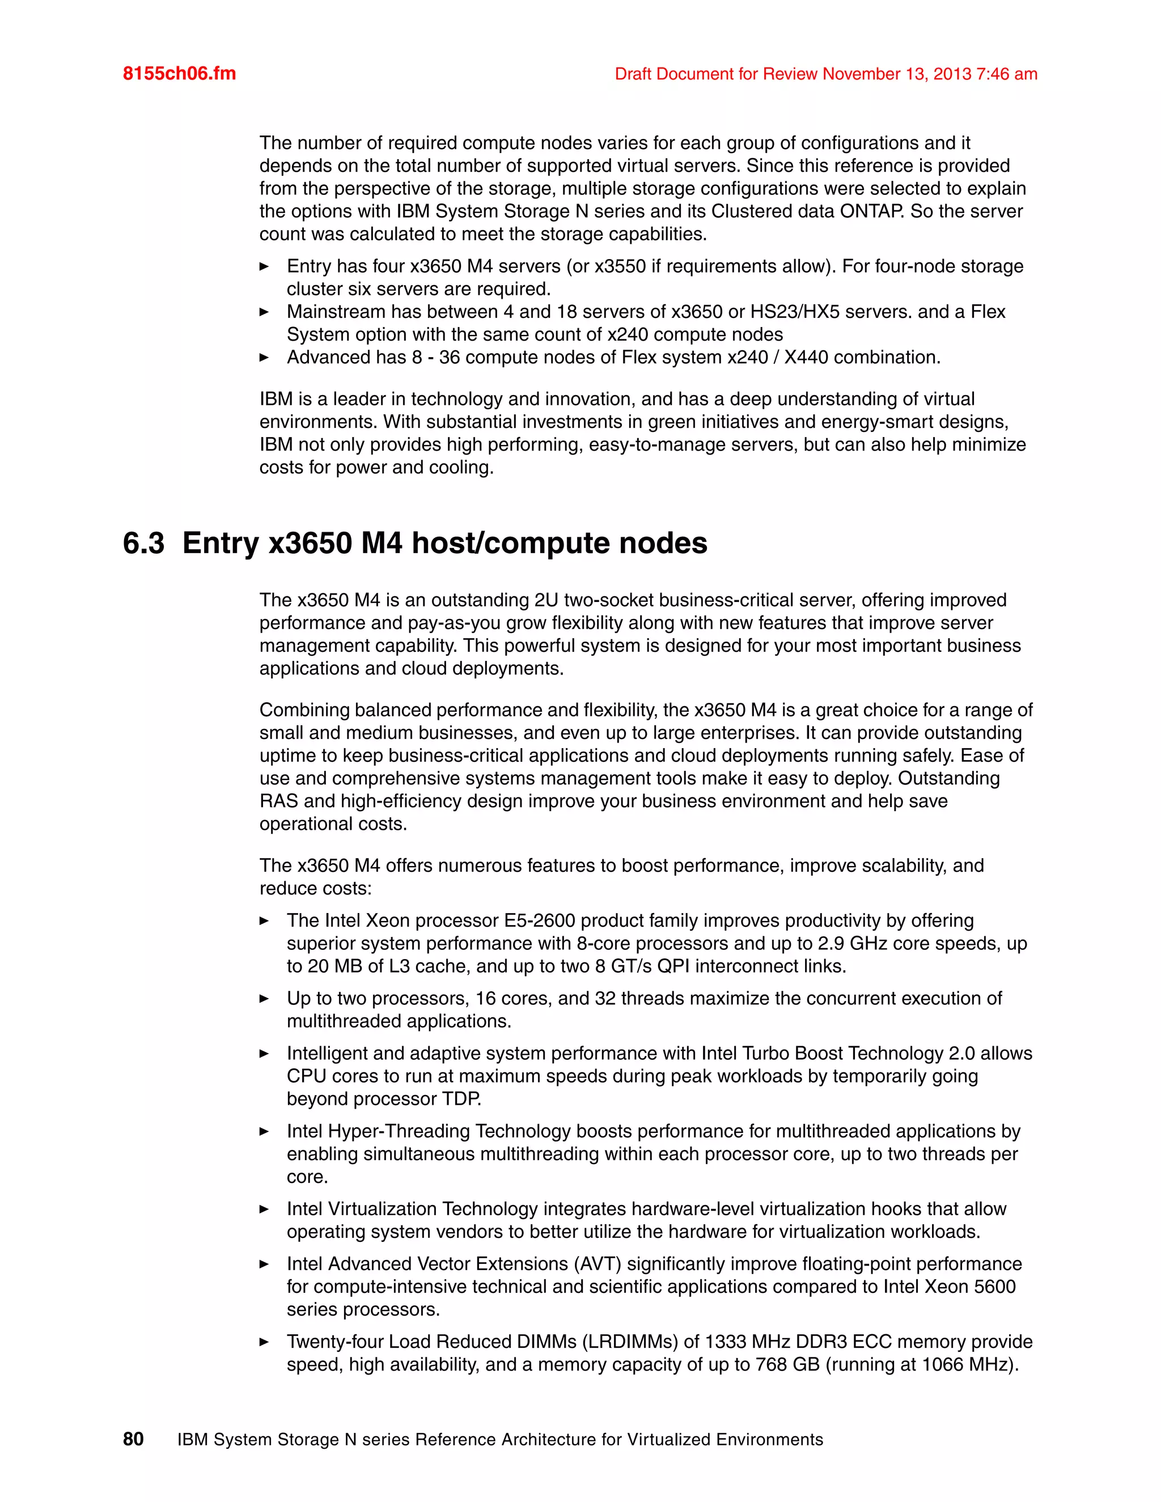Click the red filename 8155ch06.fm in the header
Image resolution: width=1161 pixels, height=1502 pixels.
[x=179, y=74]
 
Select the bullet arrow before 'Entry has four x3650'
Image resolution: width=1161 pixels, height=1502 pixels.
[x=264, y=266]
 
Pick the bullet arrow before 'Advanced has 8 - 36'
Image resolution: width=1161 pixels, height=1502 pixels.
[x=264, y=358]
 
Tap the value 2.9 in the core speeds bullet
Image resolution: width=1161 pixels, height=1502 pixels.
[x=831, y=944]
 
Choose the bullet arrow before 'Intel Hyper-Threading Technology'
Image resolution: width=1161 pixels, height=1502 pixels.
[x=264, y=1131]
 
